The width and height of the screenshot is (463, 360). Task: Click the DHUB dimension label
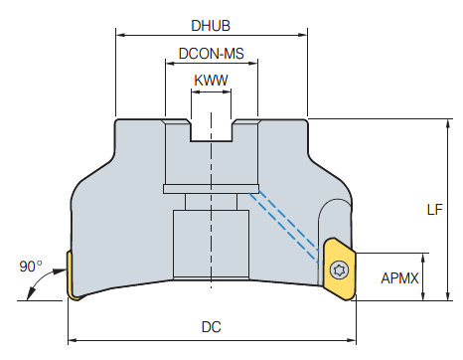pos(211,26)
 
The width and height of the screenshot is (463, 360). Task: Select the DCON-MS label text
pos(212,54)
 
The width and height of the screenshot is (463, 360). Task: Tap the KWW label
pos(211,81)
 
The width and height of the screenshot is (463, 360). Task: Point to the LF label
pos(434,210)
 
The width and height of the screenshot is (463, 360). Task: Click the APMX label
pos(399,277)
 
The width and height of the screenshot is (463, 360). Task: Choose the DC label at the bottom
pos(211,327)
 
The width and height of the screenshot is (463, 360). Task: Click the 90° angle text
pos(31,267)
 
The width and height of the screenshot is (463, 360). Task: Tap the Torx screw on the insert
pos(340,270)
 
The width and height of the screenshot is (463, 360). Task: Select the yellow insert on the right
pos(340,270)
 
